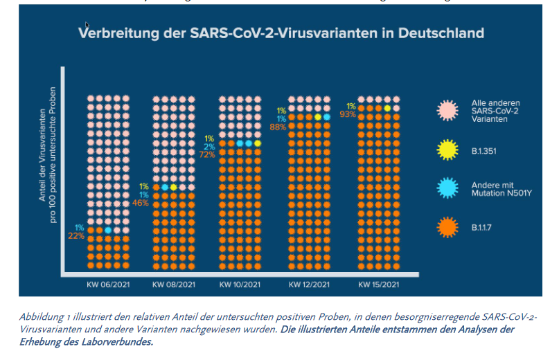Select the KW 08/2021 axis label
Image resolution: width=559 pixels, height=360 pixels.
point(172,285)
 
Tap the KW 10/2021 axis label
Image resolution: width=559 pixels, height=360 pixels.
point(240,285)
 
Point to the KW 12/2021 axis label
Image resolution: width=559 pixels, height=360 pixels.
point(308,285)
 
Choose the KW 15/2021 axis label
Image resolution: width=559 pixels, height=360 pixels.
point(378,285)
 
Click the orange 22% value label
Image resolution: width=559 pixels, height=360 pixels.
point(76,236)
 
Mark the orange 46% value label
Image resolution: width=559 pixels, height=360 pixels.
point(141,203)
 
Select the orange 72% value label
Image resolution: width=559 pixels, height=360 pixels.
point(206,154)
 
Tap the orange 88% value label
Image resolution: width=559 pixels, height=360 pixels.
point(278,127)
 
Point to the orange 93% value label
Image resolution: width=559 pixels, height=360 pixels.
point(348,114)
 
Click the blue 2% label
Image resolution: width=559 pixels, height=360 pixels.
point(209,146)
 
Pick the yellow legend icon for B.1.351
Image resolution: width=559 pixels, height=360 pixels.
point(448,147)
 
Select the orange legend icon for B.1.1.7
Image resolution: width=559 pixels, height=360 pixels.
point(448,226)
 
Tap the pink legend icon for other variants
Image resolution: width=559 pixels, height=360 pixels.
point(448,109)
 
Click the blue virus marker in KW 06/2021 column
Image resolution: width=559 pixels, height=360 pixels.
point(108,229)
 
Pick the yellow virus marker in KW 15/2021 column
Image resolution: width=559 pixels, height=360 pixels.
point(387,108)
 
